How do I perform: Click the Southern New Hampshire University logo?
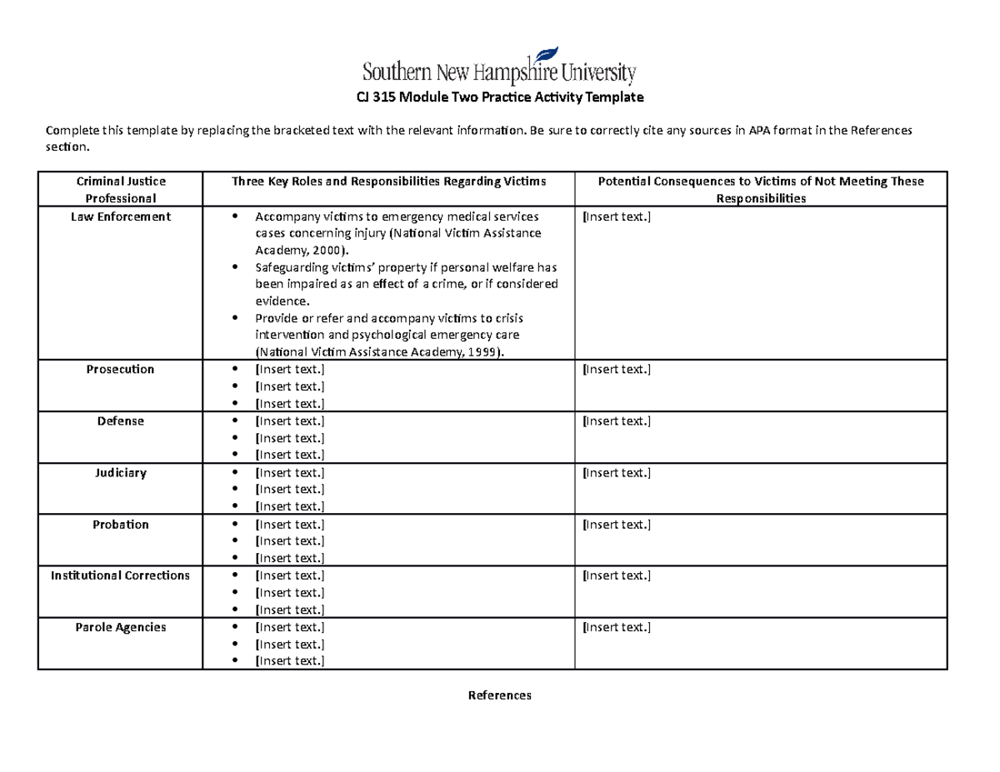[499, 67]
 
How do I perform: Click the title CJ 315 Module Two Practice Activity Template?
[500, 97]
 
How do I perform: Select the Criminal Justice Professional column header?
[121, 189]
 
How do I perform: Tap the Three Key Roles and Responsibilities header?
[389, 181]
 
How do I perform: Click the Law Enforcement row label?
[121, 217]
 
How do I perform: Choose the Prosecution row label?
[121, 369]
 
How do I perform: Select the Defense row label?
[121, 421]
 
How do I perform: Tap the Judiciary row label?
[121, 472]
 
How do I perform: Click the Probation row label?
[121, 524]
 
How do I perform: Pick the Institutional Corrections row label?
[121, 575]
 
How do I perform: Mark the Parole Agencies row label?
[121, 627]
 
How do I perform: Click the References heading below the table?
[499, 695]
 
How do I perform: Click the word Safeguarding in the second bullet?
[290, 267]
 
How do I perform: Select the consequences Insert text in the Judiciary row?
[616, 473]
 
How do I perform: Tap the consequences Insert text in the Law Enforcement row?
[616, 217]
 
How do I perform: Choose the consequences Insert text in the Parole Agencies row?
[616, 627]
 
